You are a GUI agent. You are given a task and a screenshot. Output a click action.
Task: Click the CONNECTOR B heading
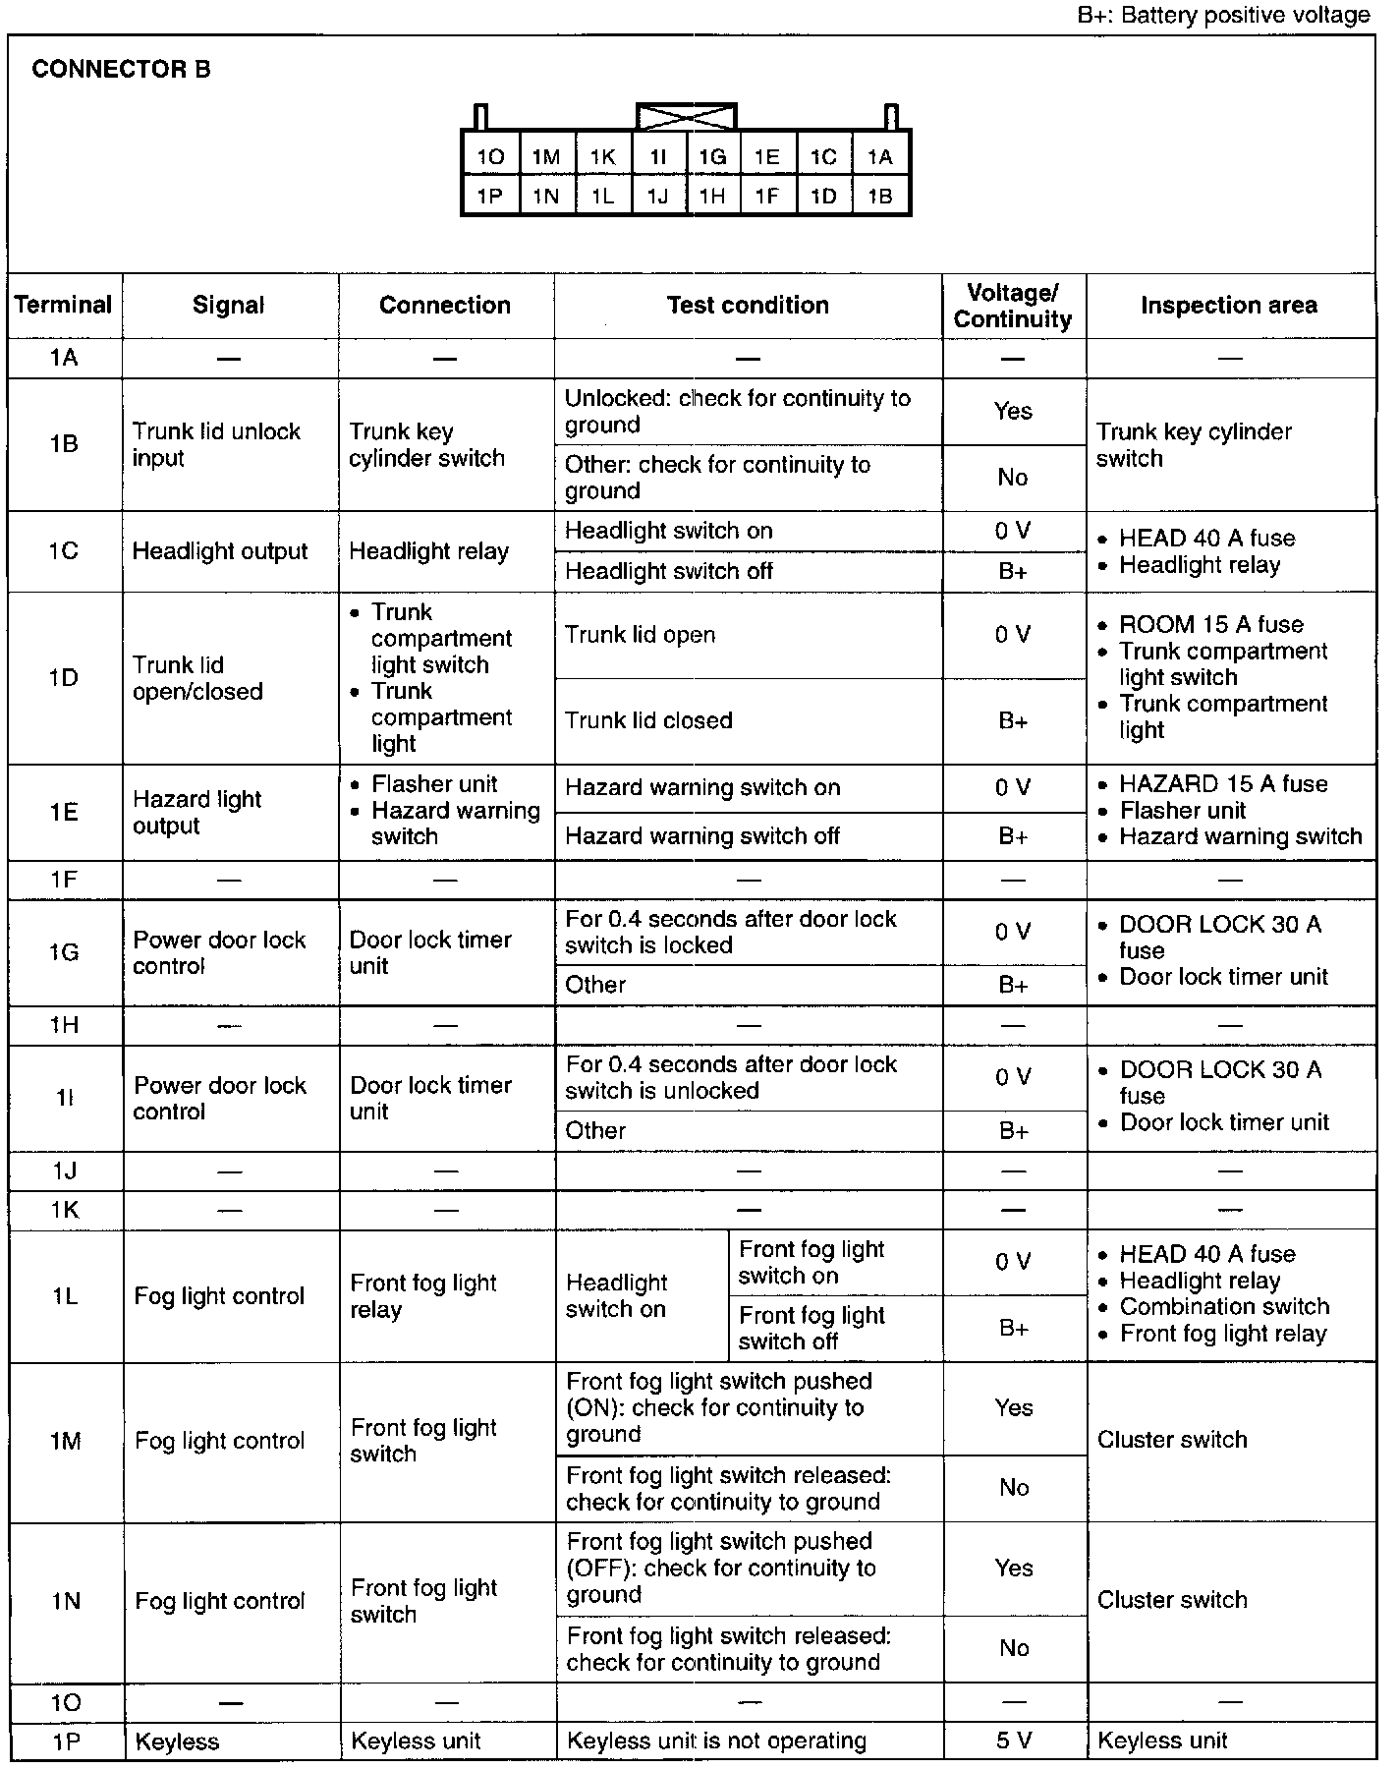[121, 70]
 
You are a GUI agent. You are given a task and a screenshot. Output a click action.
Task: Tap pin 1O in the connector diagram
[490, 157]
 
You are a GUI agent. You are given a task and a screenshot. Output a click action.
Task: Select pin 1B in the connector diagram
[880, 197]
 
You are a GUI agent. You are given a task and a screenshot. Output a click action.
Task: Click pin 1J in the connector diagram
[658, 197]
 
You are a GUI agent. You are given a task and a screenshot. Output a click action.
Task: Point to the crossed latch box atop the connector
[686, 116]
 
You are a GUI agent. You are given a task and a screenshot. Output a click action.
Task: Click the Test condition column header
[748, 306]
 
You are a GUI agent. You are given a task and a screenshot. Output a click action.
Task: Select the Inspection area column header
[1228, 306]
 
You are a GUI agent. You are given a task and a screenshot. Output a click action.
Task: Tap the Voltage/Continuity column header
[1013, 306]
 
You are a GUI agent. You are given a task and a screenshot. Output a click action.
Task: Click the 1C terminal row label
[64, 550]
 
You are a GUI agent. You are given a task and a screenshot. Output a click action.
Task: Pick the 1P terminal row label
[64, 1741]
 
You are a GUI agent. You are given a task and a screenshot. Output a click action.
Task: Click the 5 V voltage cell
[1013, 1741]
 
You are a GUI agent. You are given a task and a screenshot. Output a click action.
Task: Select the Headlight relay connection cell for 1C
[428, 551]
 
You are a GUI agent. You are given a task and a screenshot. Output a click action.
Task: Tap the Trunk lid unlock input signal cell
[216, 444]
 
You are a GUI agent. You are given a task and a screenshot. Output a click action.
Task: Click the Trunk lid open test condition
[640, 635]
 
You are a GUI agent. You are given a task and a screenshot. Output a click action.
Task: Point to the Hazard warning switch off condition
[702, 836]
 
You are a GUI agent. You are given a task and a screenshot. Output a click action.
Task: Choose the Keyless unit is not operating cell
[717, 1741]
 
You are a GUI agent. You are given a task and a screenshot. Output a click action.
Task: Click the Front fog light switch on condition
[811, 1263]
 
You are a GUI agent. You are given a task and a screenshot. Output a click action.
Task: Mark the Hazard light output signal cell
[197, 813]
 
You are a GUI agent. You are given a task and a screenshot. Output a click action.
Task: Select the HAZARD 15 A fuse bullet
[1223, 784]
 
